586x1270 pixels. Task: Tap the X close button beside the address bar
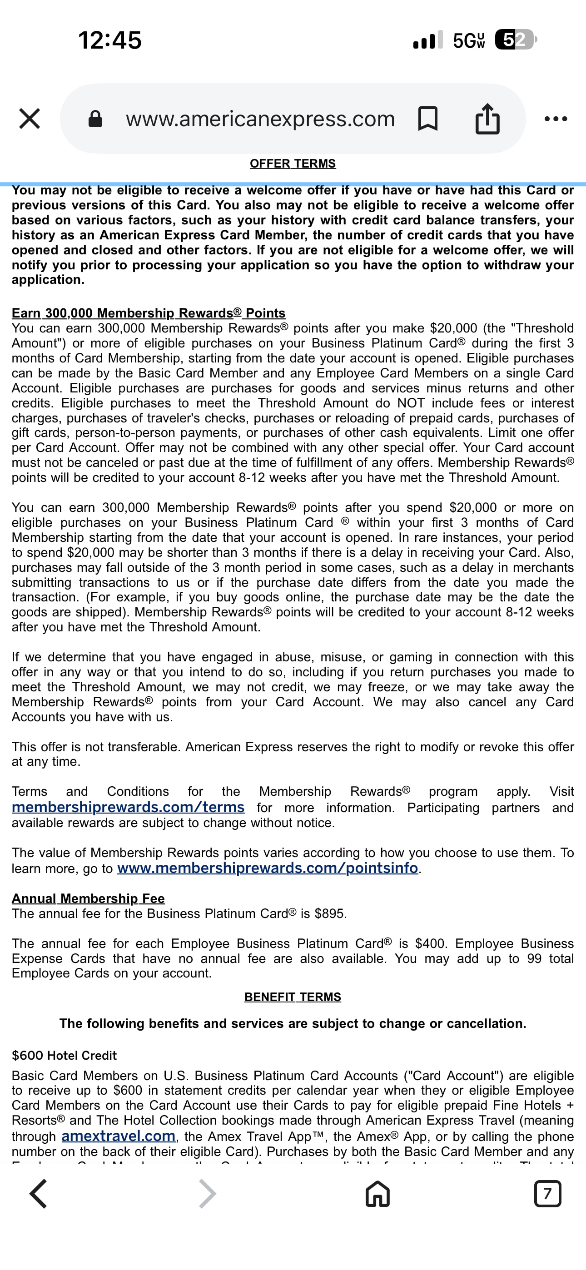tap(30, 119)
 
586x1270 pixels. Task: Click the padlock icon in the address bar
tap(95, 119)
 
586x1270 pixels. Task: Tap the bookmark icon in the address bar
tap(427, 119)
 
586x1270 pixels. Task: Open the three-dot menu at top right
tap(556, 119)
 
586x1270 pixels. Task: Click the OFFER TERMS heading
tap(293, 164)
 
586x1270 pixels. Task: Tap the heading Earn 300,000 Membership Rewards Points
tap(149, 313)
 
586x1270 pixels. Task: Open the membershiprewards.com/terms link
tap(128, 807)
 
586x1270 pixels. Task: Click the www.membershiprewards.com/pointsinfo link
tap(268, 868)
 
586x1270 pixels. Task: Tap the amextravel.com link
tap(119, 1136)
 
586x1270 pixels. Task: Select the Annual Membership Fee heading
tap(88, 899)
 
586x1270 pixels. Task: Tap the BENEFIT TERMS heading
tap(293, 997)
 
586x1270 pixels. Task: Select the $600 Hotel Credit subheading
tap(64, 1056)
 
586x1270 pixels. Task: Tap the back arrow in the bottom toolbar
tap(39, 1194)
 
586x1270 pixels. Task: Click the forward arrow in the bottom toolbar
tap(207, 1194)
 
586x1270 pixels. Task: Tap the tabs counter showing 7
tap(547, 1194)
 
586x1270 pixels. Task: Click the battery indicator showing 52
tap(515, 40)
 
